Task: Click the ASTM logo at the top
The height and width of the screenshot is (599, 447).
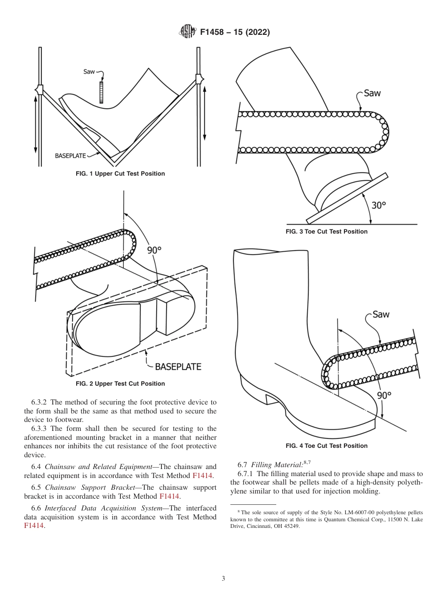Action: click(x=187, y=32)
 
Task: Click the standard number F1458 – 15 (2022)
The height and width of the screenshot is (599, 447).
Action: click(x=235, y=32)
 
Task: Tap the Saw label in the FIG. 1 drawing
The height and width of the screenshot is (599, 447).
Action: click(x=89, y=72)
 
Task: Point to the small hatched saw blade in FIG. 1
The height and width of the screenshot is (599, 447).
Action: click(x=101, y=92)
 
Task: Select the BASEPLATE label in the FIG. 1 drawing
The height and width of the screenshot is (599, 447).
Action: click(x=70, y=155)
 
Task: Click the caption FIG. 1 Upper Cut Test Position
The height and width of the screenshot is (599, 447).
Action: click(x=120, y=174)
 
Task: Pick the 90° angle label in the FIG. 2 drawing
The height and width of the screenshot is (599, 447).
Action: click(x=154, y=250)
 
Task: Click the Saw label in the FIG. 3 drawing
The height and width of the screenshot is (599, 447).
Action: click(x=372, y=93)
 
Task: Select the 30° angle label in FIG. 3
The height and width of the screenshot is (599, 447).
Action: click(x=378, y=205)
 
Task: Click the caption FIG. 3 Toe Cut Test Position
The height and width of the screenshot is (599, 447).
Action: click(x=327, y=232)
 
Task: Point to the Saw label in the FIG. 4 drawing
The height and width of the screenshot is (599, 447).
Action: click(x=381, y=314)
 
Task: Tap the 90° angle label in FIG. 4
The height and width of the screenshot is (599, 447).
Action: click(x=384, y=395)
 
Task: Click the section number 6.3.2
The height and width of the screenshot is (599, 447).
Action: click(x=40, y=402)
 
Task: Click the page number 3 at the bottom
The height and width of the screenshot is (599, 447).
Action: click(x=223, y=579)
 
